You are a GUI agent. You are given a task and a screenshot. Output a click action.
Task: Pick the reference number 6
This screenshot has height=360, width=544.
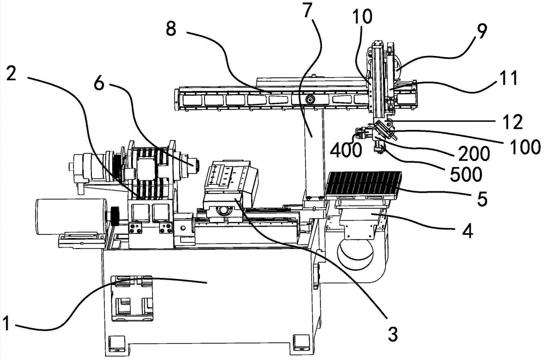click(x=100, y=83)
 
